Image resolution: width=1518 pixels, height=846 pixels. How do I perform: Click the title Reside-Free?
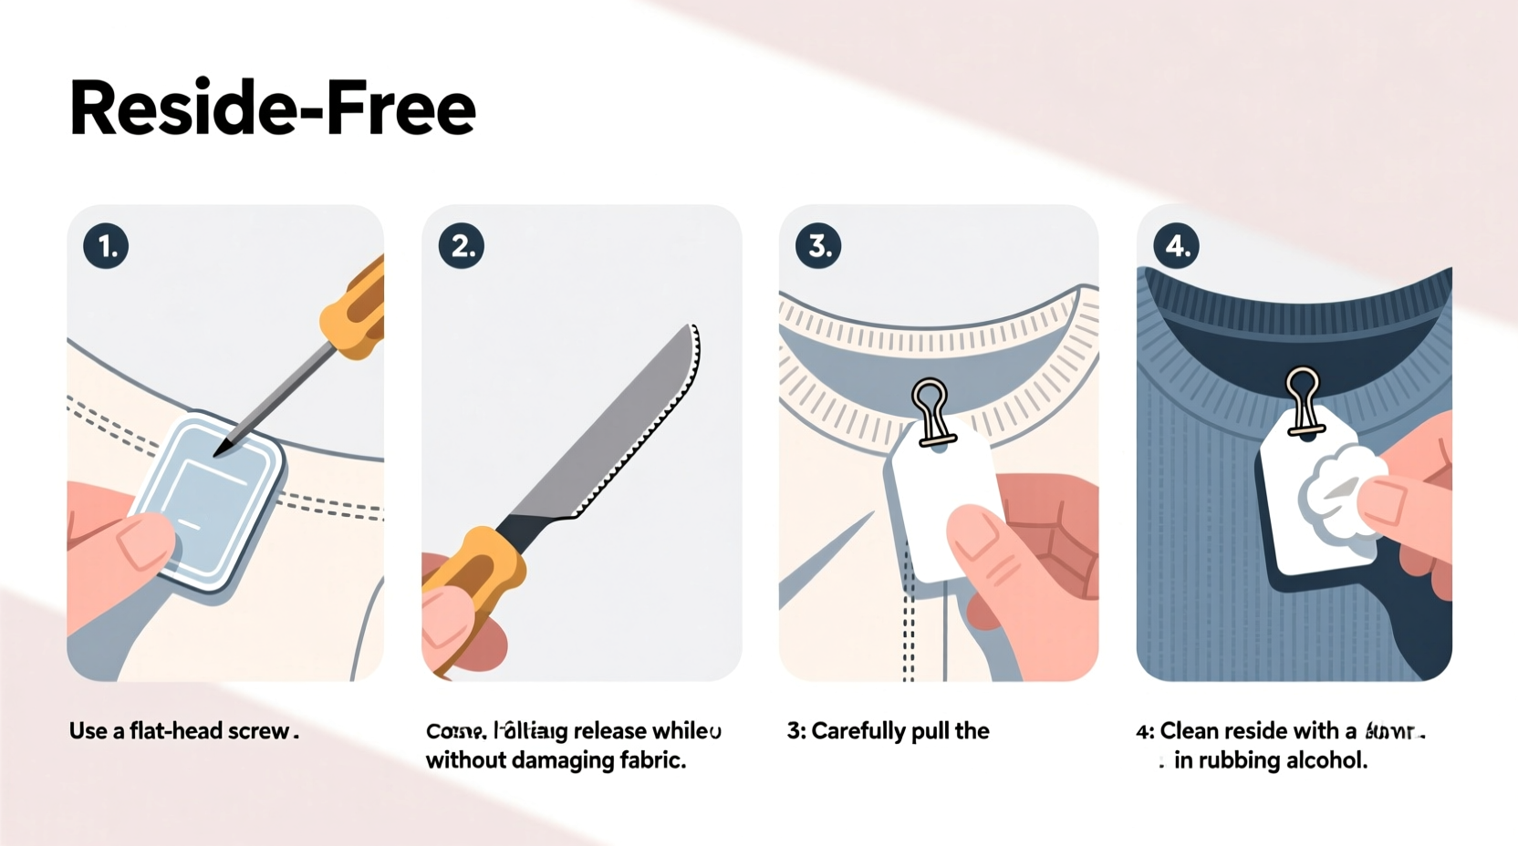272,109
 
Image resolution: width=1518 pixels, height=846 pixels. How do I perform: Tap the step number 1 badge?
106,246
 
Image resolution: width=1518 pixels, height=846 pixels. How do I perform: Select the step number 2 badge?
462,246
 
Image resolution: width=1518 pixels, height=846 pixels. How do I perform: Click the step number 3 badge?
818,246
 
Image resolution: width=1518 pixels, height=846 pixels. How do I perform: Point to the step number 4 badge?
1177,246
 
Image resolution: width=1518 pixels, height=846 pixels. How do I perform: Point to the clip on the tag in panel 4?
1304,399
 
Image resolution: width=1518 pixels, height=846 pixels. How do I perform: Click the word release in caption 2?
610,731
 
